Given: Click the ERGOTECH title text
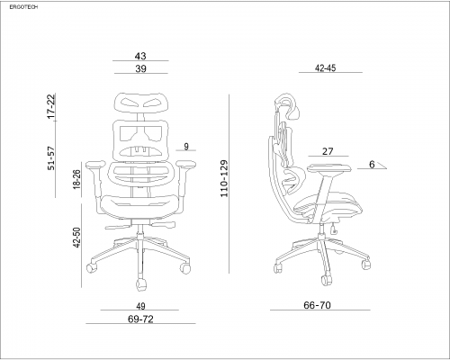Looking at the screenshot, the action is pos(23,7).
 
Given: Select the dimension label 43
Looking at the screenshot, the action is pos(140,56).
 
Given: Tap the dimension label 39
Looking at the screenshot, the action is pos(140,68).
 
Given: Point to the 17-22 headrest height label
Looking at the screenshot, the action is pos(51,106).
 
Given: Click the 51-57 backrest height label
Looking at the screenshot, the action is pos(51,158).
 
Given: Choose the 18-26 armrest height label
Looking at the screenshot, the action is pos(77,179).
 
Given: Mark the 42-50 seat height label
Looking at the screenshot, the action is pos(77,238).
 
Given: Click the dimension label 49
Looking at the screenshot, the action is pos(140,306).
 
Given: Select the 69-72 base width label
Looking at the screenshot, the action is pos(140,319).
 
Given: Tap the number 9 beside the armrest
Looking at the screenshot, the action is pos(186,147).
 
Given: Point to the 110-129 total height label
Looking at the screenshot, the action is pos(224,178).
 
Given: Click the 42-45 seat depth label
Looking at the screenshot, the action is pos(326,68).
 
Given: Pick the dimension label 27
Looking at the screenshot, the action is pos(328,151).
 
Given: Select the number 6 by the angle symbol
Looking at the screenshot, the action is pos(372,165).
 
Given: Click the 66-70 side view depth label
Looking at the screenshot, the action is pos(317,305).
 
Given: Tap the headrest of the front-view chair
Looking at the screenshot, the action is pos(141,103).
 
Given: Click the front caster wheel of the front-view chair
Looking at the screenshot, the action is pos(141,284).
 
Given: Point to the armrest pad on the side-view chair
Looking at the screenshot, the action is pos(329,167).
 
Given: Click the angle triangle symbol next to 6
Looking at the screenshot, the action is pos(381,166).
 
